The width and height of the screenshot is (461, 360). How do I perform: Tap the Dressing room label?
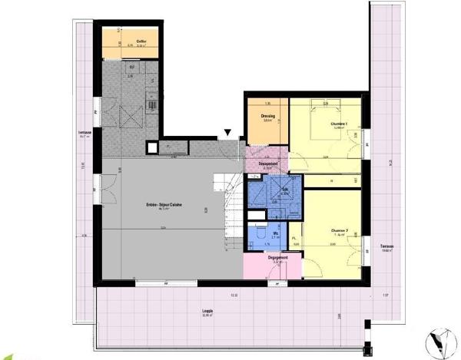[x=268, y=116]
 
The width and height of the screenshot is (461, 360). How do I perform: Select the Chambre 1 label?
[x=339, y=124]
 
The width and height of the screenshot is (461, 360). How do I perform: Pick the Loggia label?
[x=207, y=312]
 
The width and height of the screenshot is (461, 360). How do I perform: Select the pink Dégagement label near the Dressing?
[x=268, y=164]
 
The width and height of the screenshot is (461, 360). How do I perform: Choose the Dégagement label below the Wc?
[x=277, y=258]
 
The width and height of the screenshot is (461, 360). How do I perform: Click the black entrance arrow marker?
[x=227, y=135]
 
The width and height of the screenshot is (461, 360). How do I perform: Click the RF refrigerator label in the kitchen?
[x=131, y=67]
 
